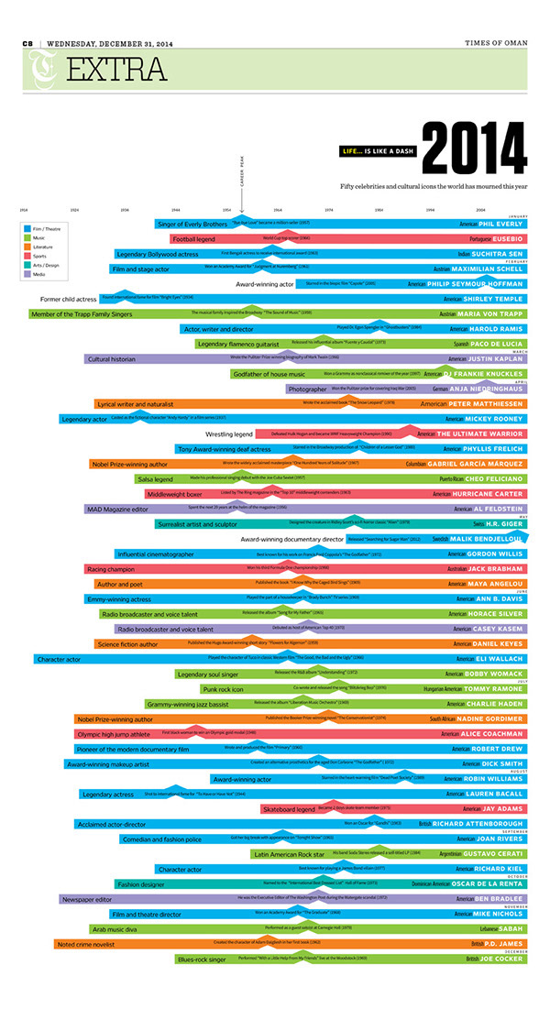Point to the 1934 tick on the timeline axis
(x=125, y=210)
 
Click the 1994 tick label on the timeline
(x=430, y=210)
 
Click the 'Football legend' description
(x=193, y=239)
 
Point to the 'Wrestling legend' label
(x=229, y=433)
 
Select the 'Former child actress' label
(x=69, y=299)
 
